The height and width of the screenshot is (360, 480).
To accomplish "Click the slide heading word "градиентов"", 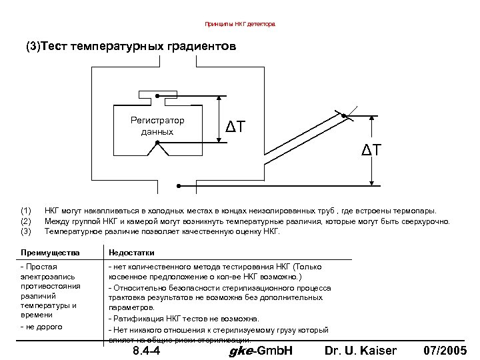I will click(x=201, y=47).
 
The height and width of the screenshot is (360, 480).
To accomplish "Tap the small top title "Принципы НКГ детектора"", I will click(x=239, y=24).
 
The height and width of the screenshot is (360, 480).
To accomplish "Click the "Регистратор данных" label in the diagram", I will click(x=157, y=126).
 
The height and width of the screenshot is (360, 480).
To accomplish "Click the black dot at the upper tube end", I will click(x=344, y=117).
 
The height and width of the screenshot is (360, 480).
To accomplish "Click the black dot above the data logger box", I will click(x=157, y=96).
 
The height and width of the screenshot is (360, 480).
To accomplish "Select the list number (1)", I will click(x=27, y=211).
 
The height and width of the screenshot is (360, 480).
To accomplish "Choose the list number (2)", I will click(x=27, y=221).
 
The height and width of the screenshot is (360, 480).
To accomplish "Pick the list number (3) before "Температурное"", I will click(x=27, y=231).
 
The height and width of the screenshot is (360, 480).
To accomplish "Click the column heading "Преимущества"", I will click(x=50, y=253).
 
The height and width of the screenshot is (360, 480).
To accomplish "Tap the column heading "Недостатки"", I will click(x=131, y=253).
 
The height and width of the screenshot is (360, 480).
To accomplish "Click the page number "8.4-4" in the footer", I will click(x=146, y=351).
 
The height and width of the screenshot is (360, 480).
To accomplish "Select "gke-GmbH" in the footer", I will click(x=261, y=351).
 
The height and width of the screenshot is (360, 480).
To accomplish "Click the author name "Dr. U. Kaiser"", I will click(x=360, y=351).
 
